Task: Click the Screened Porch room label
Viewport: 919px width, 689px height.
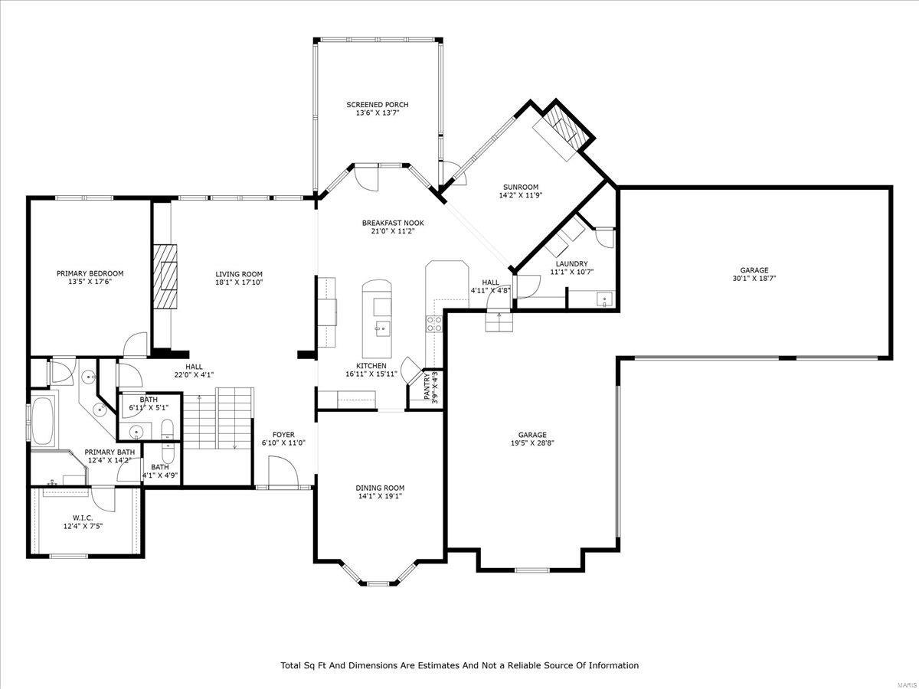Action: pos(377,105)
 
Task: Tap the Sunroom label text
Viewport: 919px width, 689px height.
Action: pos(521,187)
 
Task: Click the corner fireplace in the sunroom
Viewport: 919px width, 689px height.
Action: pos(567,128)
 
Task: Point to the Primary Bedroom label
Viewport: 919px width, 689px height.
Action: pos(90,273)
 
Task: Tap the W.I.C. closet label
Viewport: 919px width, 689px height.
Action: pos(83,518)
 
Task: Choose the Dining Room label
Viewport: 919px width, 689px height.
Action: pos(380,488)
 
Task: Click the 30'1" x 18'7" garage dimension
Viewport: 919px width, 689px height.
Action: pos(754,279)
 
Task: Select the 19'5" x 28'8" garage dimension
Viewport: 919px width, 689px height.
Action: pos(532,442)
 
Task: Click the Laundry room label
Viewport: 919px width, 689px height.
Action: pos(571,264)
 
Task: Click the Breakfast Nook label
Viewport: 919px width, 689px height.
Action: pos(393,223)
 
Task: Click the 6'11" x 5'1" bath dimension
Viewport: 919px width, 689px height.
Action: pos(149,407)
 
